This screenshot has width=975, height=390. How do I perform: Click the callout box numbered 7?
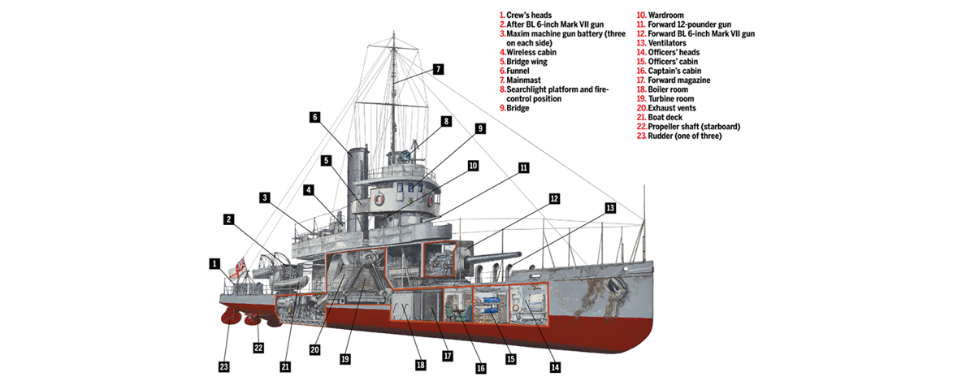coord(438,69)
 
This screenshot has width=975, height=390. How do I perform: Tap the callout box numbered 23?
coord(224,366)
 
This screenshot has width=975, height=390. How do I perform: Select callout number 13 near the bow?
coord(610,208)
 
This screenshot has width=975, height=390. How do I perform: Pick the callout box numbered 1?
coord(214,263)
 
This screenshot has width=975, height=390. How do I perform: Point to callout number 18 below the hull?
coord(421,365)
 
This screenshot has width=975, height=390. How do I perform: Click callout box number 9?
coord(480,128)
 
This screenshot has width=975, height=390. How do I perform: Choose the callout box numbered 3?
coord(265,197)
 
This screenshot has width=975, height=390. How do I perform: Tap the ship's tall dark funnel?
coord(357,183)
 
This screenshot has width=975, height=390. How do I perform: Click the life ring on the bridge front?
coord(379,198)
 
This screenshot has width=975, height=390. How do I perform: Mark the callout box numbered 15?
coord(511,358)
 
